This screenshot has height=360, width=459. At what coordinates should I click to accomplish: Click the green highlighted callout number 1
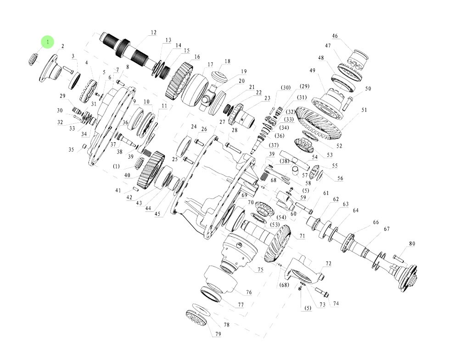(47, 42)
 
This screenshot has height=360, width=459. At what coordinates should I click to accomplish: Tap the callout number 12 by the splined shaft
(153, 33)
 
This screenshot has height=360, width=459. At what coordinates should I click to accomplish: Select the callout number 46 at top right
(335, 36)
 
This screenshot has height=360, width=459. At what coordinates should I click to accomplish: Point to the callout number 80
(412, 244)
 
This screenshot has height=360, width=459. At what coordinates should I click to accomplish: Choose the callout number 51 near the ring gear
(364, 110)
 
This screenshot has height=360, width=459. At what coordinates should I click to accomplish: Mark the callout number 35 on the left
(71, 150)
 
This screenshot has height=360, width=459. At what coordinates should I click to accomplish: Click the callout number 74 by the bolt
(336, 303)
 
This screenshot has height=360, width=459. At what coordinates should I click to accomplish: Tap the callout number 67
(386, 229)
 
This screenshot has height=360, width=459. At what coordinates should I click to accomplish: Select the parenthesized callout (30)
(286, 88)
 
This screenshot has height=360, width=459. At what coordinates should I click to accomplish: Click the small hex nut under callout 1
(33, 59)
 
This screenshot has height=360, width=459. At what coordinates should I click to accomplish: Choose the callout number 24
(193, 127)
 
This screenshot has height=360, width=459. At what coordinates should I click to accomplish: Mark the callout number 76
(248, 292)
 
